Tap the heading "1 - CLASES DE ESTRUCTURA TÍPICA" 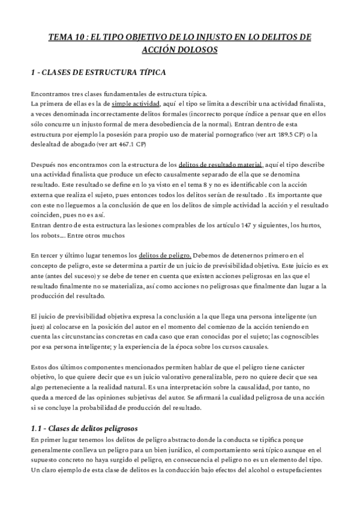98,73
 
